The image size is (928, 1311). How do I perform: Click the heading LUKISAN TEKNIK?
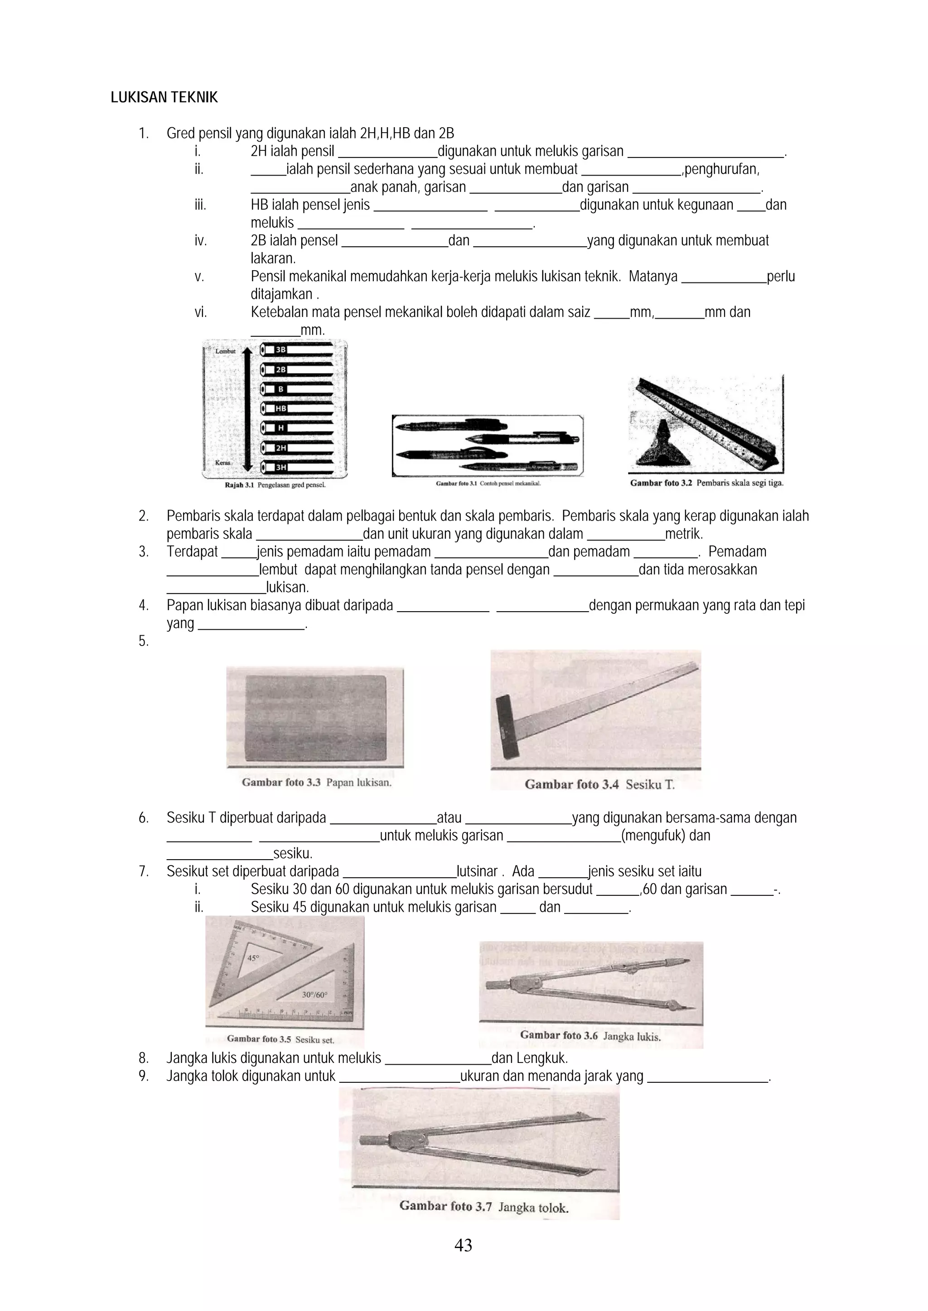164,98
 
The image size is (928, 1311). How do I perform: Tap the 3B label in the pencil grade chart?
280,349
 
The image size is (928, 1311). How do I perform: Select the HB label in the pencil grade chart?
280,408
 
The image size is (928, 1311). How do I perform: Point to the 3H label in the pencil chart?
281,467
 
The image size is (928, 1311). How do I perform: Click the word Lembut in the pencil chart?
225,351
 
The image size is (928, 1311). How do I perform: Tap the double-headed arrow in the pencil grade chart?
247,409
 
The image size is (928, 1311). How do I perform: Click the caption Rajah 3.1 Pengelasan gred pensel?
275,485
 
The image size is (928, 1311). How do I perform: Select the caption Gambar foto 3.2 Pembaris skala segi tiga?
706,483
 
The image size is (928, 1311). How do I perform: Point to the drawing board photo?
315,718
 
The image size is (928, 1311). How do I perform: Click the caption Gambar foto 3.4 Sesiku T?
599,785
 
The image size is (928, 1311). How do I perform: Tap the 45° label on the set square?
253,958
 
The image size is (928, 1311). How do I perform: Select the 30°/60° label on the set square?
315,995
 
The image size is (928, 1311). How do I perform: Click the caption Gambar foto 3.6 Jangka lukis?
590,1036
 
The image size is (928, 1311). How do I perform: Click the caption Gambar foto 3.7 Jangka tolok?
483,1207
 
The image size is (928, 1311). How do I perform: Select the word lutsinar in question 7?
477,872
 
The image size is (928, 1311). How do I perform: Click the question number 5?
144,641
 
